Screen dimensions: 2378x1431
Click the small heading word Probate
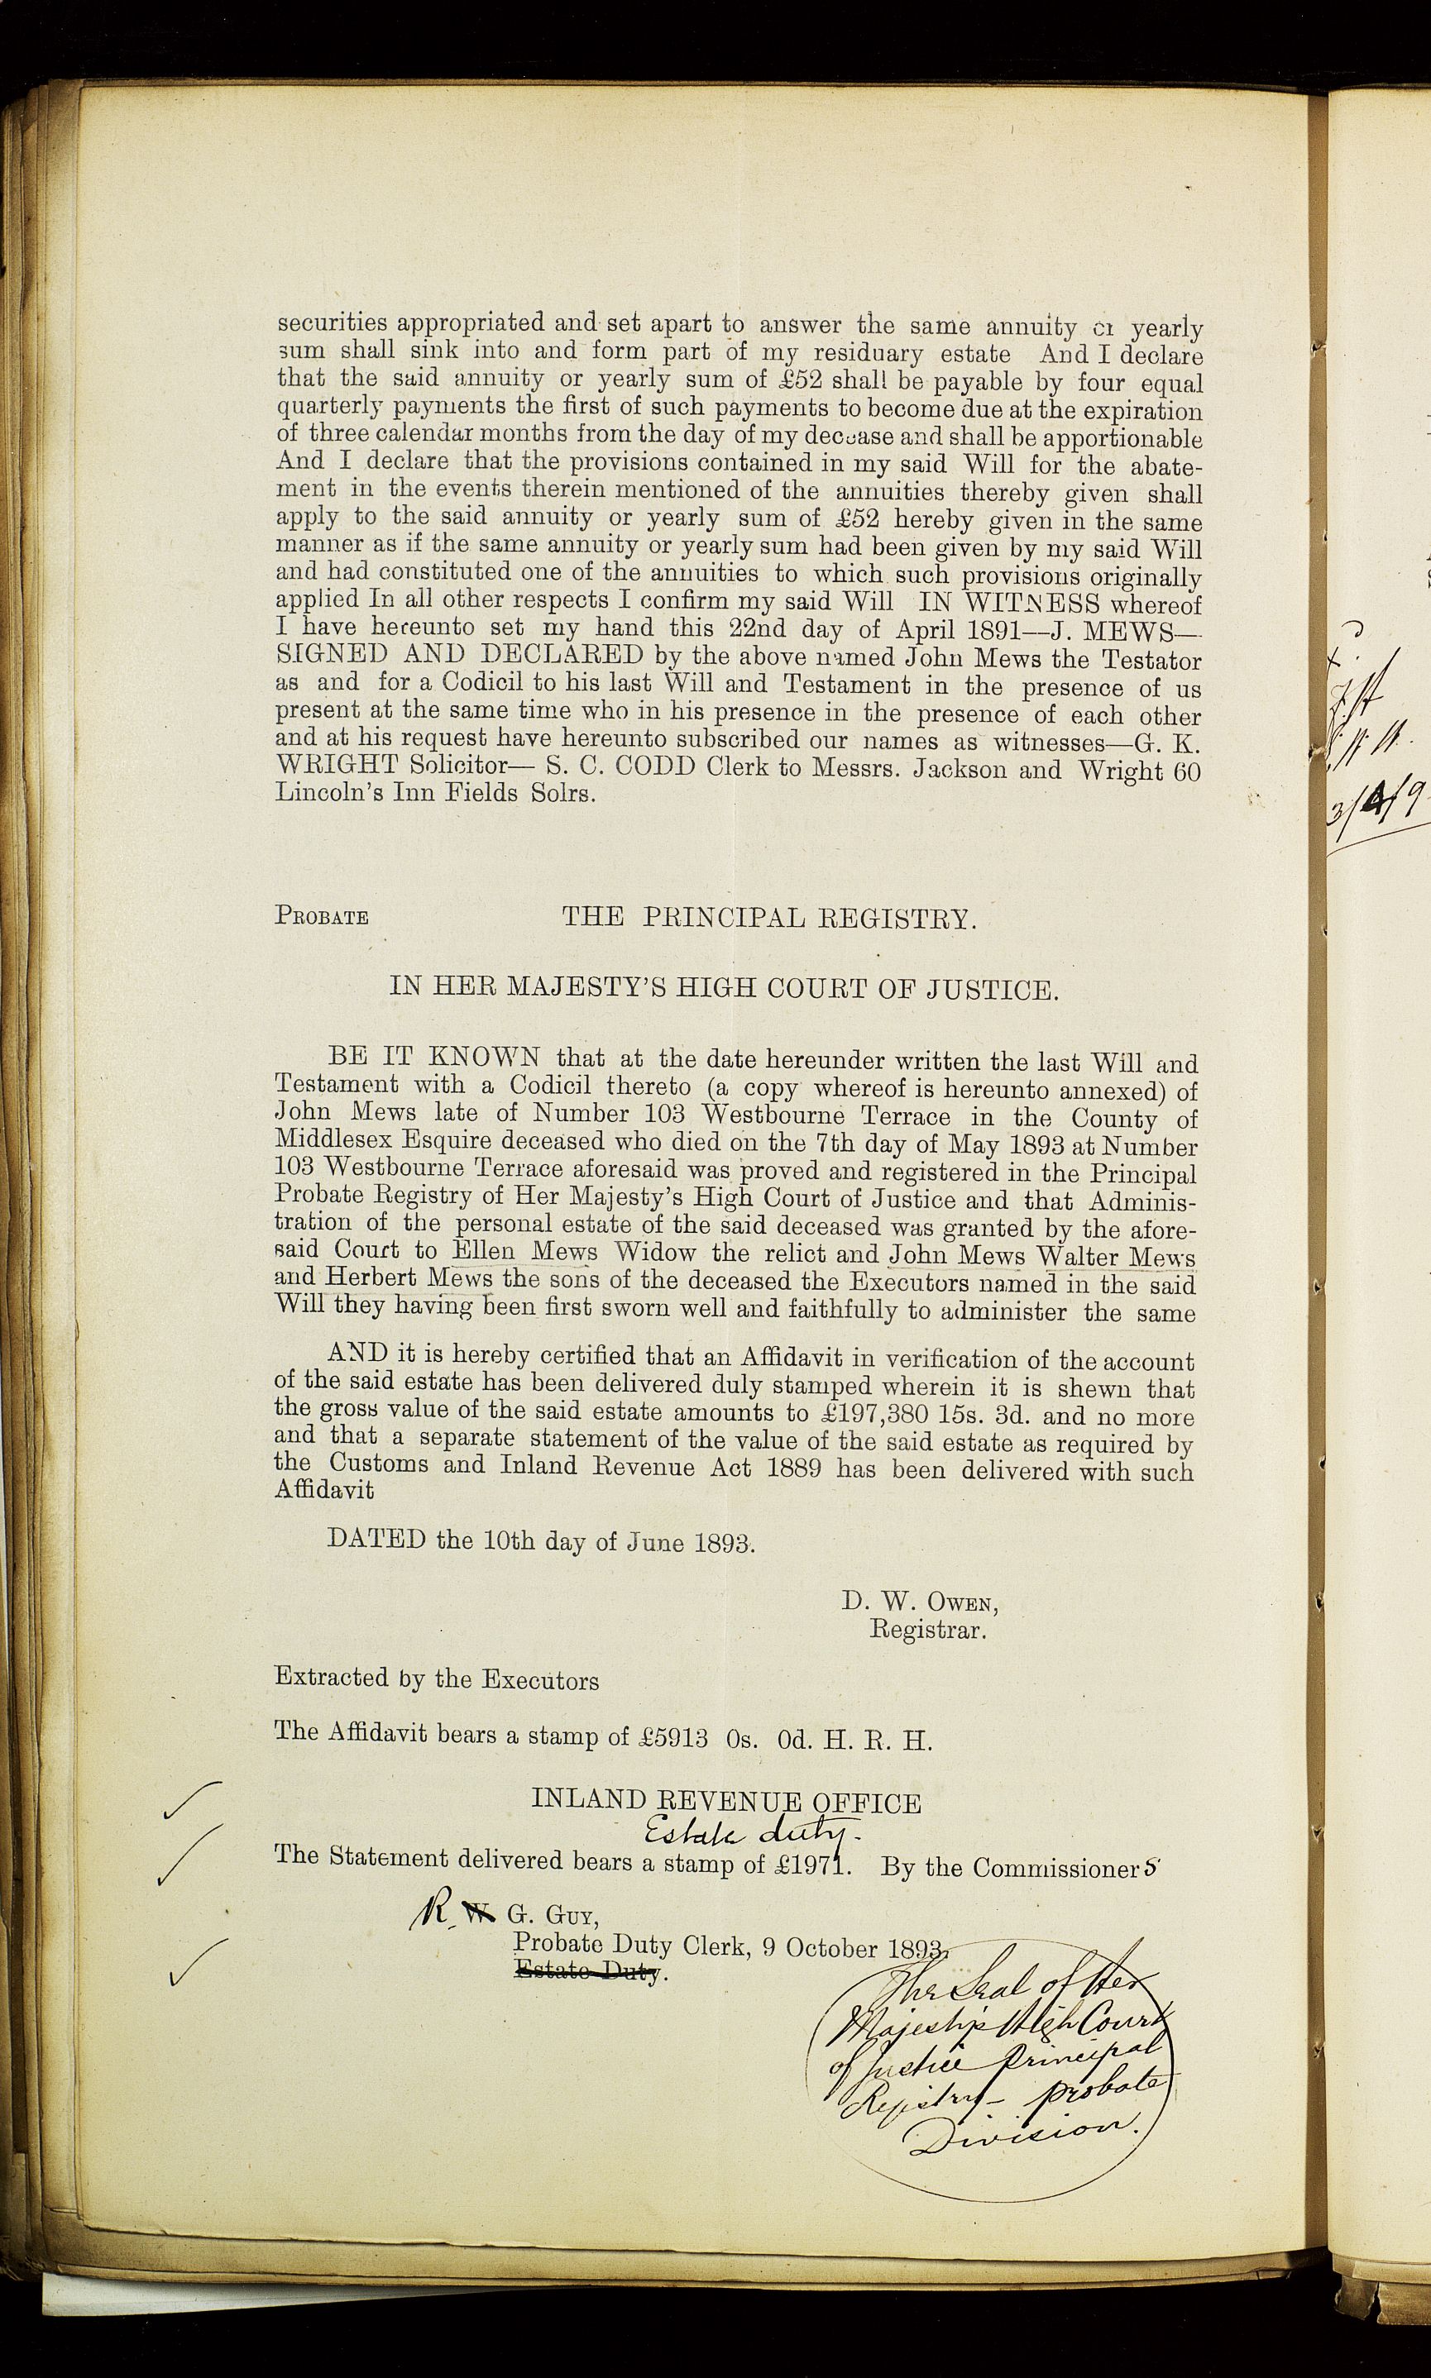[321, 917]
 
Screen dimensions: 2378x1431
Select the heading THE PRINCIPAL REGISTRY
[769, 917]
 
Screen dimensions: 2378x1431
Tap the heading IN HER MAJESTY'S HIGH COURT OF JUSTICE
[723, 989]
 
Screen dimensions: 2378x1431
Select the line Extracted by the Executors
[437, 1679]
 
